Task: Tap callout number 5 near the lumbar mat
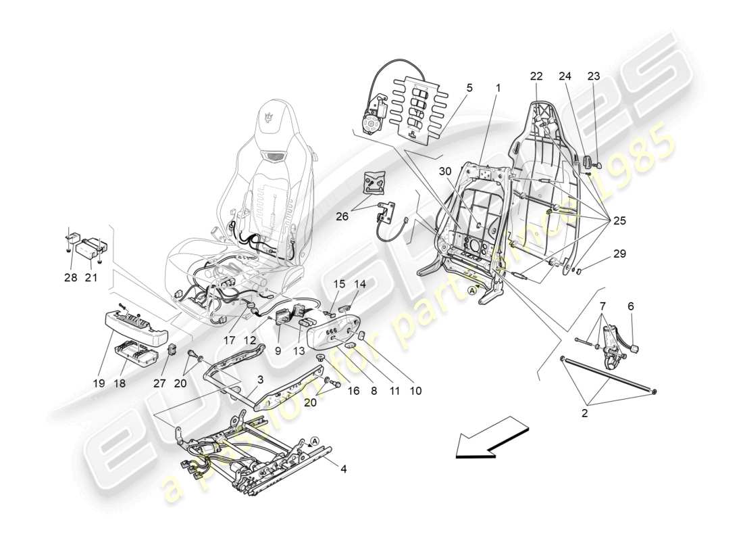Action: [x=469, y=88]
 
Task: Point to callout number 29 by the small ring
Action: [x=619, y=254]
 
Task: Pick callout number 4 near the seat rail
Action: [x=631, y=306]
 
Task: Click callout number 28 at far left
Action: [x=71, y=278]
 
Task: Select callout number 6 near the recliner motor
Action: [x=631, y=306]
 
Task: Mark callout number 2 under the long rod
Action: [x=584, y=412]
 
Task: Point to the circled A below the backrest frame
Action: [x=473, y=290]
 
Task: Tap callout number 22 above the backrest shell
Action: [x=536, y=76]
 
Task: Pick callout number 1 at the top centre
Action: [x=498, y=88]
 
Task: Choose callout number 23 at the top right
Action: [x=594, y=76]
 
